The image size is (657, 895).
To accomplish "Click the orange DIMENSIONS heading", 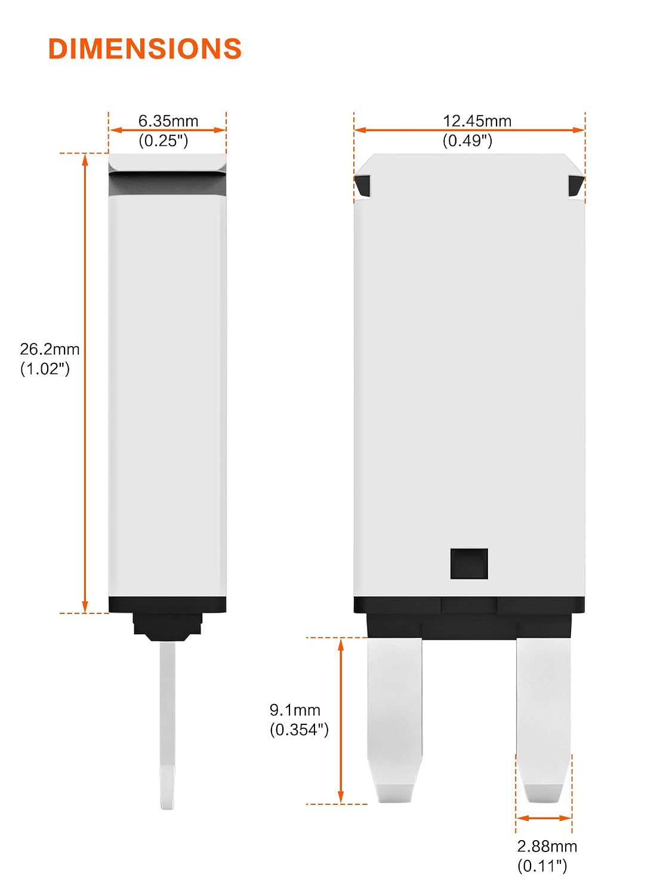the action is (145, 49).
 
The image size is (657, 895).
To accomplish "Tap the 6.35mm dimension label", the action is (168, 121).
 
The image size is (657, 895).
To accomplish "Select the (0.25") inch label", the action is (164, 141).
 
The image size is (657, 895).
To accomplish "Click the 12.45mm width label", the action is (477, 121).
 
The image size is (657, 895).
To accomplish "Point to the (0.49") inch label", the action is (468, 141).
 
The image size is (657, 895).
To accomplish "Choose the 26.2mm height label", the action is (50, 349).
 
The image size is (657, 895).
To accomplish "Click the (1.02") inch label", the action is (45, 369).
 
